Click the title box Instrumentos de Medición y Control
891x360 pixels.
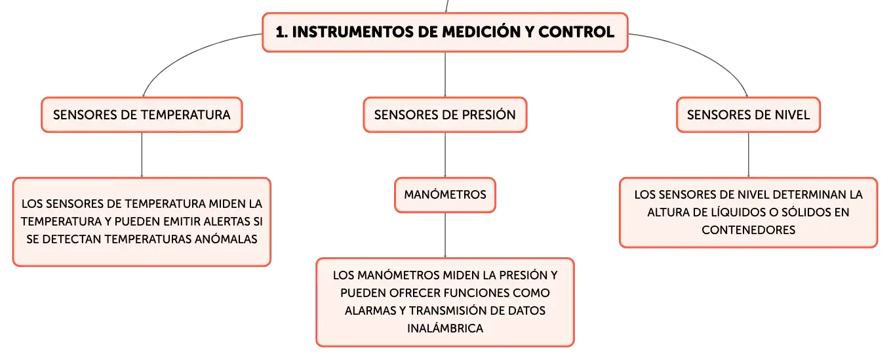tap(445, 32)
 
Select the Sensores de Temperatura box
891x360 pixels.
tap(142, 115)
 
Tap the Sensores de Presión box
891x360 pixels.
tap(445, 115)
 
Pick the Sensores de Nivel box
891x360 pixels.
tap(748, 115)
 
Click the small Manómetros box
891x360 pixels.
tap(445, 195)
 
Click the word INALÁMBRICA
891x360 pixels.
tap(445, 328)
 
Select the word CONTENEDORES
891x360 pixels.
tap(748, 230)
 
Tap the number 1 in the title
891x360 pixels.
tap(280, 32)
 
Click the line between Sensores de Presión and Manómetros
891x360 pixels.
tap(445, 155)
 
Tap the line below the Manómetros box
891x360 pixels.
tap(445, 235)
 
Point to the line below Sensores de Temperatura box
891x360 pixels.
tap(142, 155)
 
